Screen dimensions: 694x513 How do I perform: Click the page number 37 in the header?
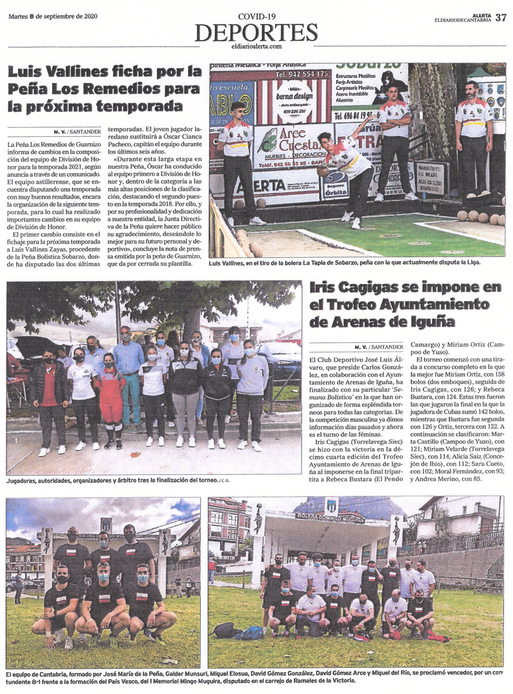[500, 17]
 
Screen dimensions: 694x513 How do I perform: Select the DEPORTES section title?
[256, 33]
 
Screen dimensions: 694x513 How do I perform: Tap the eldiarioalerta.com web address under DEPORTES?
[256, 47]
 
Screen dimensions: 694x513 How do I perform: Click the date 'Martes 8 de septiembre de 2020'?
[53, 16]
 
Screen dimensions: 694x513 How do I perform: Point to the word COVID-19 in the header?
[256, 17]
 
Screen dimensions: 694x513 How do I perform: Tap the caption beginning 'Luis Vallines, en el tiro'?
[344, 263]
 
